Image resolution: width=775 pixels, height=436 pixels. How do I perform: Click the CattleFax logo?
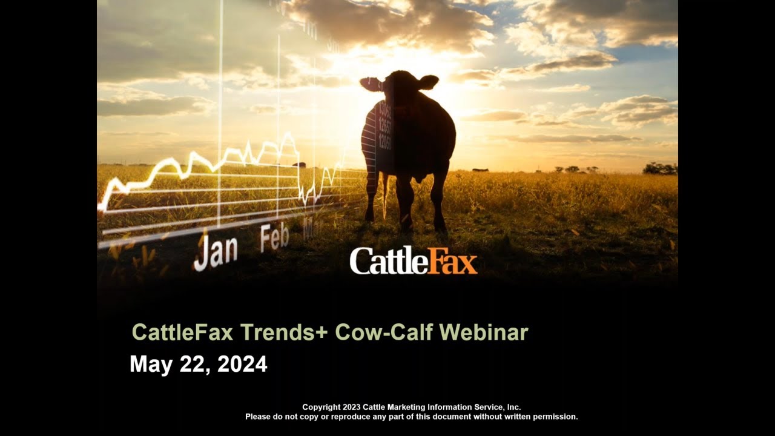[414, 261]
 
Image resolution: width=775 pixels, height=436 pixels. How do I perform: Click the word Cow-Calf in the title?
[384, 332]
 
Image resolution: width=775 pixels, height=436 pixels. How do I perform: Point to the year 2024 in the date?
[242, 365]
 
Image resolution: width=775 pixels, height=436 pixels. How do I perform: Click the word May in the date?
[151, 365]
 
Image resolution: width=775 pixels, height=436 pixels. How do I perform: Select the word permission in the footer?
[555, 417]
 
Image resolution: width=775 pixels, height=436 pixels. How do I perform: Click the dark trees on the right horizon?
[659, 169]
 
